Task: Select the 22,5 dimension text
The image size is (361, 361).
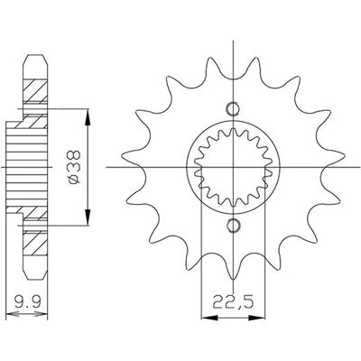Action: point(233,303)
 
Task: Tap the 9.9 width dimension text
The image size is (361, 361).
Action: point(27,301)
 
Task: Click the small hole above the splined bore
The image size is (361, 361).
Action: point(233,108)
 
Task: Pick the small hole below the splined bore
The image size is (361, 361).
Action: point(233,225)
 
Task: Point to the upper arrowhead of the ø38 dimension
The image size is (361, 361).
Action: point(88,117)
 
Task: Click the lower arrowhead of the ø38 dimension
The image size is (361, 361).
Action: point(88,217)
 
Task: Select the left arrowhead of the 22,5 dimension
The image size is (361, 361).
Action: point(209,318)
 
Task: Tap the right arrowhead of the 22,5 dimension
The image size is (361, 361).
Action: point(256,318)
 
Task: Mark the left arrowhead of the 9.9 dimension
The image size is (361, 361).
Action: point(13,314)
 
